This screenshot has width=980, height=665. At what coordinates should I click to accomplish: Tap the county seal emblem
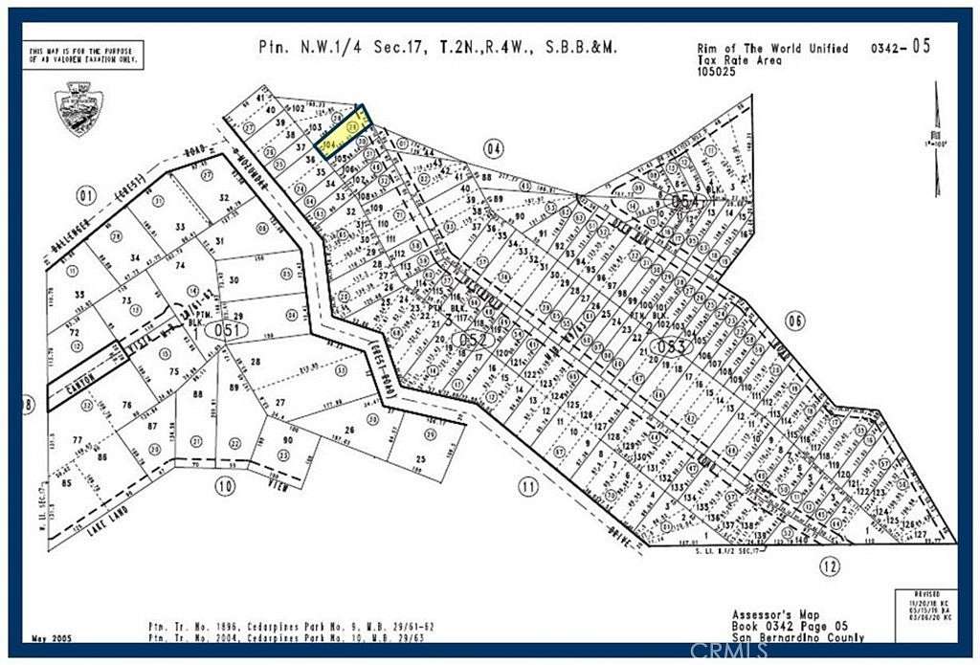(x=79, y=108)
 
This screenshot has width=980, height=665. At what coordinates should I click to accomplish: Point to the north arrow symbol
(x=937, y=116)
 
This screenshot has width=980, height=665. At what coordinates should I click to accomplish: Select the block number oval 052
(x=475, y=340)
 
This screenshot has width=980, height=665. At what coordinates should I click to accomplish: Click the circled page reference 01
(x=87, y=198)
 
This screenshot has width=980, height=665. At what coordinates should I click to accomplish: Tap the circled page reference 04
(x=494, y=148)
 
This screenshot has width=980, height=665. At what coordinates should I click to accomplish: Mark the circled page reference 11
(x=528, y=487)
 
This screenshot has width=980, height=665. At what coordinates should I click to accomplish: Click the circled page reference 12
(x=830, y=566)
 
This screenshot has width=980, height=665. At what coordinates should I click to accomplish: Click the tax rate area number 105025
(x=718, y=72)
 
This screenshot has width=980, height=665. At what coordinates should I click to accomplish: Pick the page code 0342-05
(x=902, y=47)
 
